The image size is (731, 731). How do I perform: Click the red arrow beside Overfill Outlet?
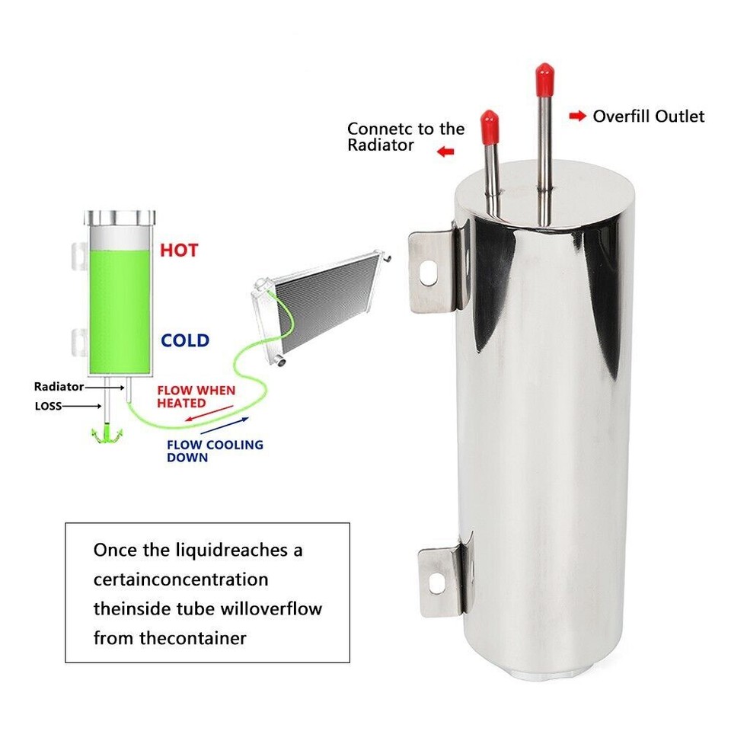[579, 117]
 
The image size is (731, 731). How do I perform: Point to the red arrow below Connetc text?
[445, 152]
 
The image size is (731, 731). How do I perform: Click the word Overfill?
[621, 117]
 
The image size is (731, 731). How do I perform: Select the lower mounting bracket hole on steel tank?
[436, 583]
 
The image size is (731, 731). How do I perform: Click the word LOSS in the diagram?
[48, 406]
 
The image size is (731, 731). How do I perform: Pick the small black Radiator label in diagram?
[58, 387]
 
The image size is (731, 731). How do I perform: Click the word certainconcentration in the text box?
[181, 579]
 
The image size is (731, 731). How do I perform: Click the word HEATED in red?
[182, 403]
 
